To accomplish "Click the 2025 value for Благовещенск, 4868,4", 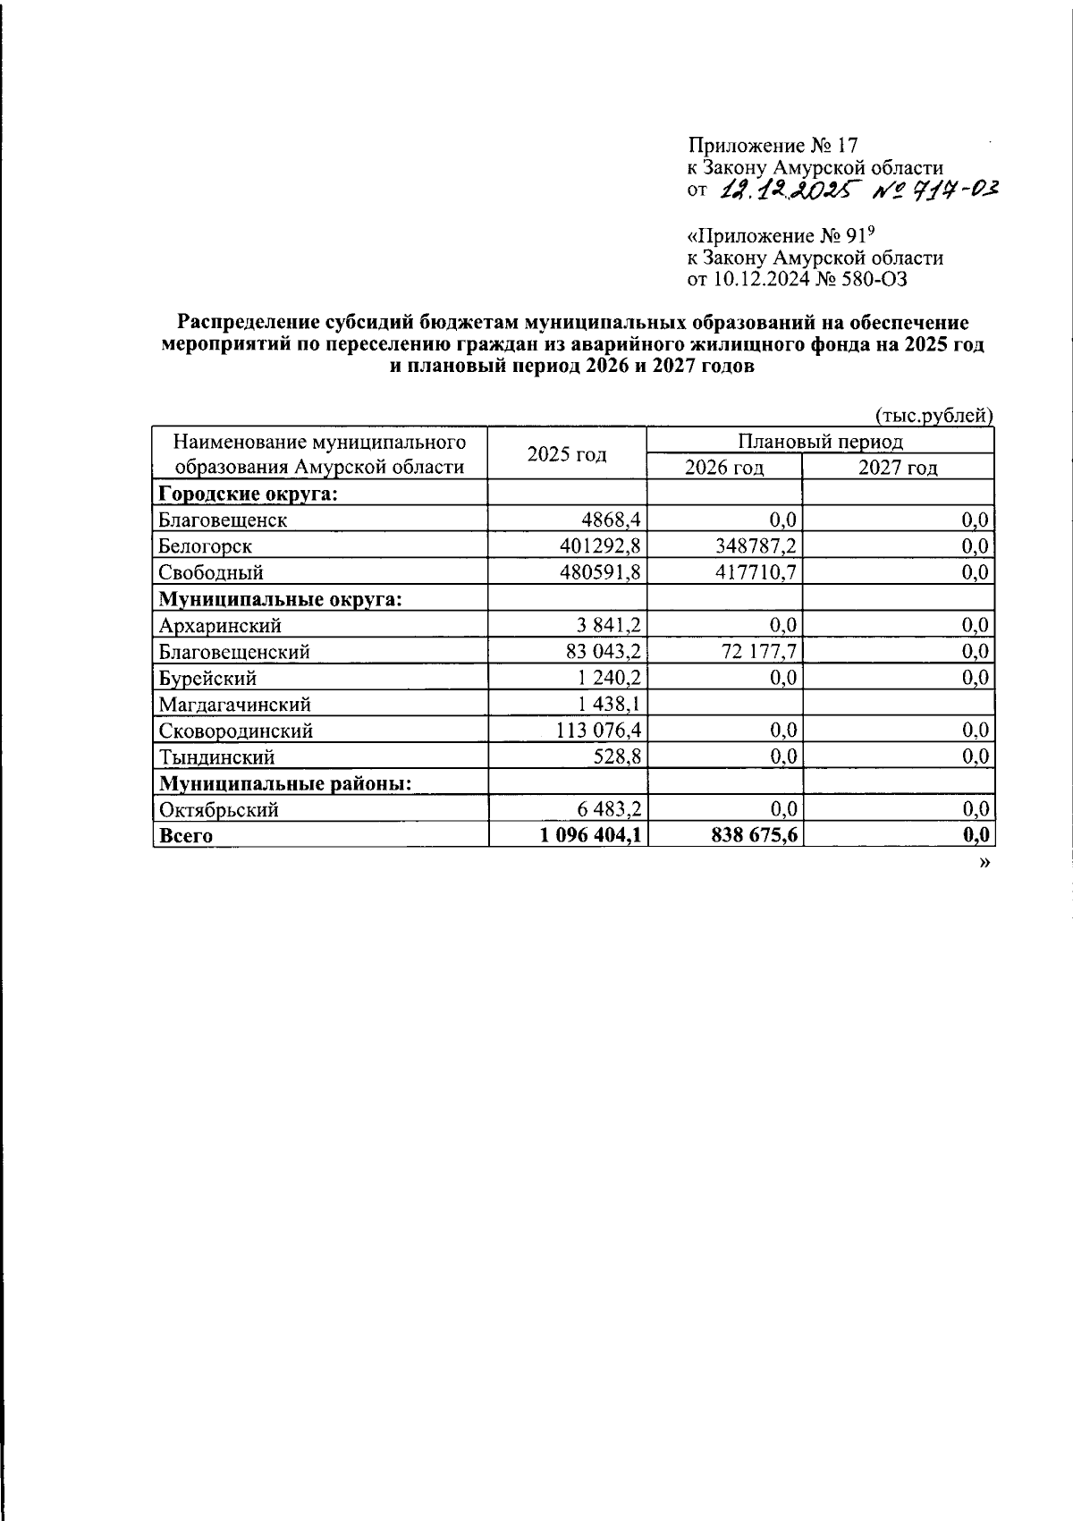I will point(612,520).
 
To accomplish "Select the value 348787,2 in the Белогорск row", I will point(750,545).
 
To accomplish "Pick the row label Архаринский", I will point(220,625).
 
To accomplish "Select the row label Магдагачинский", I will point(235,705).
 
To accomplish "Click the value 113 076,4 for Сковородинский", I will point(598,731).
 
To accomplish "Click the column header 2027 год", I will point(898,468).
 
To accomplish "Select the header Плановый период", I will point(820,441).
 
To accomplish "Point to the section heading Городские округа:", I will point(248,494).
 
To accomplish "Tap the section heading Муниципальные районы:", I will point(285,783).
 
